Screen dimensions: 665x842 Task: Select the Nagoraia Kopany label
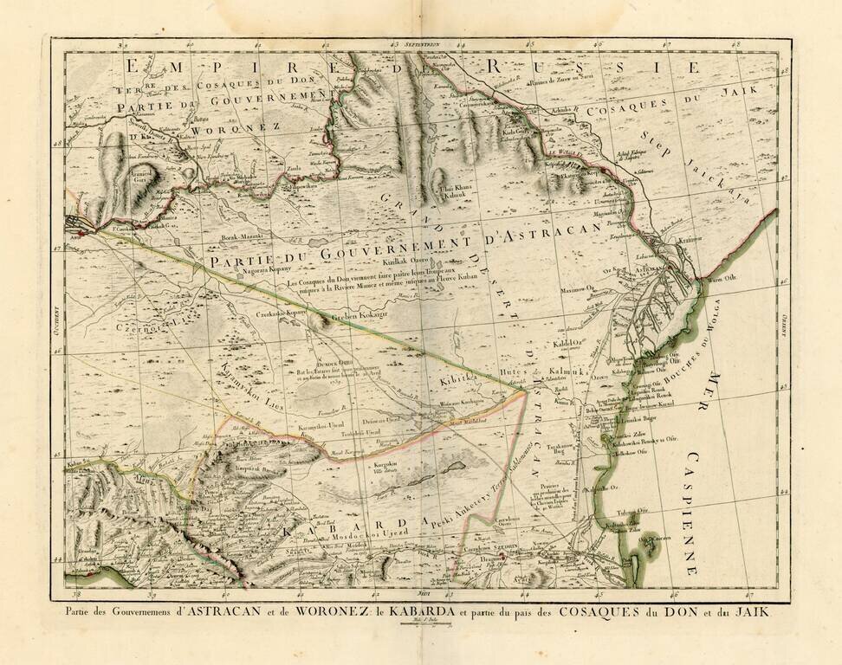pyautogui.click(x=239, y=270)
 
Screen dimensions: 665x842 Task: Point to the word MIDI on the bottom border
pyautogui.click(x=423, y=593)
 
